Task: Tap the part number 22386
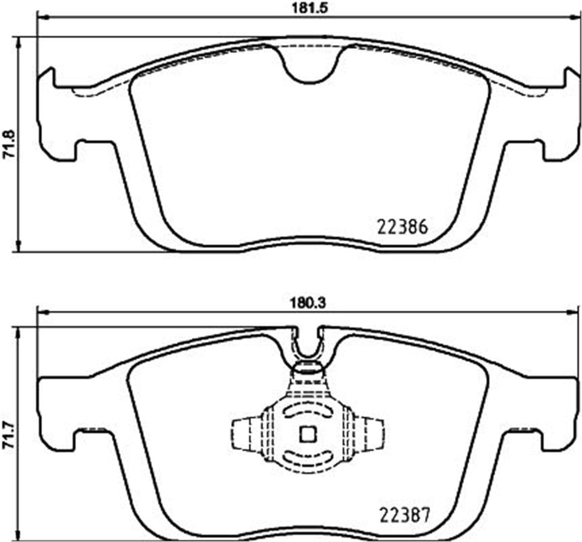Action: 402,227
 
